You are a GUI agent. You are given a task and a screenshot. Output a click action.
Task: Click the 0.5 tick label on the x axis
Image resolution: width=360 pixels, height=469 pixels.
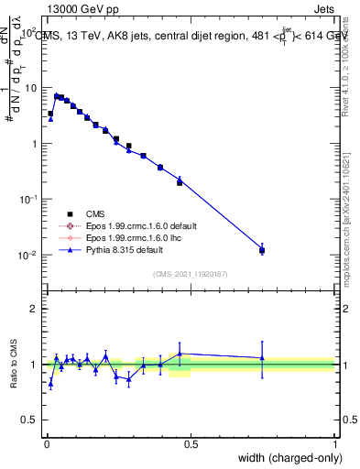tap(191, 443)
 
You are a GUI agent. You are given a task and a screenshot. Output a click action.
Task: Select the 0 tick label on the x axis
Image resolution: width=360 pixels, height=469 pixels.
tap(47, 443)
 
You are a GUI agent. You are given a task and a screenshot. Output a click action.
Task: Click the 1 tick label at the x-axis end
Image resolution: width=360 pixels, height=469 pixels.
tap(334, 443)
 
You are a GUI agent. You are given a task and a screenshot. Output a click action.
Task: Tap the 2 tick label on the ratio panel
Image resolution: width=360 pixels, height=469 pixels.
tap(34, 309)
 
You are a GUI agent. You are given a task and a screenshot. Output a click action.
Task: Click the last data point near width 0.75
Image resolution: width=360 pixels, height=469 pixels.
tap(262, 250)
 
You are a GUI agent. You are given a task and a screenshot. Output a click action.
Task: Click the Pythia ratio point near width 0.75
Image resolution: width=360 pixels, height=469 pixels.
tap(262, 358)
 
